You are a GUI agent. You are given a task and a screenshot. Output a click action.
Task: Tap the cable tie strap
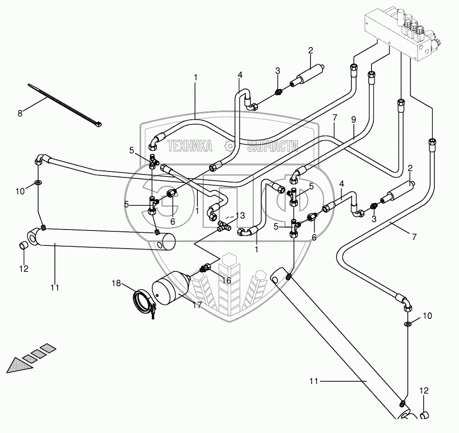(65, 104)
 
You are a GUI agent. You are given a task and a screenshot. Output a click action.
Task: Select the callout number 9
(353, 119)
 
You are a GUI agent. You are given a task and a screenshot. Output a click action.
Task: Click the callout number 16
(226, 281)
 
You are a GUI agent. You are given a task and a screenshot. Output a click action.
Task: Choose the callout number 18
(116, 283)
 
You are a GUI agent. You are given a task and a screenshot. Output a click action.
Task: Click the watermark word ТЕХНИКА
(189, 146)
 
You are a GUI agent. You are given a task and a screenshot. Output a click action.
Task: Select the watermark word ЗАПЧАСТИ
(272, 146)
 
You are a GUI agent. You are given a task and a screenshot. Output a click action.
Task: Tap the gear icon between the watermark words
(229, 146)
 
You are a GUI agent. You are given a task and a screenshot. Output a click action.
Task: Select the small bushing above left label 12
(22, 245)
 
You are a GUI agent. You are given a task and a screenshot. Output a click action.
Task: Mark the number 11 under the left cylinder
(54, 288)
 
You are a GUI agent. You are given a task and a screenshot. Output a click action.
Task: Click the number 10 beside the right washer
(427, 316)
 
